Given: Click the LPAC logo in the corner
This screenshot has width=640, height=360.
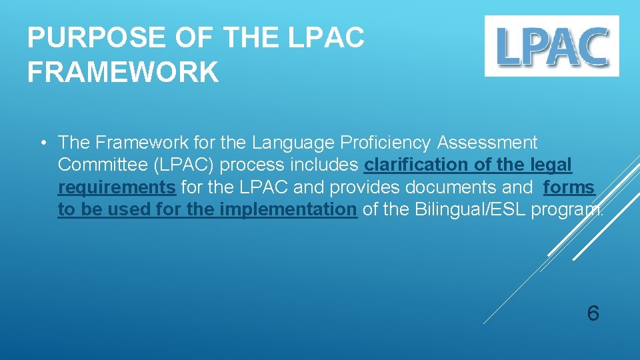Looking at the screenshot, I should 551,46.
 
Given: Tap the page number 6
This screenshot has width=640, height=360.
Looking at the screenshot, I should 593,313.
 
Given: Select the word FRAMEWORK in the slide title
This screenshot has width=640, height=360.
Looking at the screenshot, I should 123,72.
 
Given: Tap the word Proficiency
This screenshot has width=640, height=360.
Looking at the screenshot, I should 386,143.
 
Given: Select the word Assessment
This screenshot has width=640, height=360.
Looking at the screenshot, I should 487,143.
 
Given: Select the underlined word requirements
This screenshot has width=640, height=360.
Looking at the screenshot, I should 117,187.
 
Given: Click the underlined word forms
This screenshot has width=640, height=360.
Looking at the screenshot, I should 569,187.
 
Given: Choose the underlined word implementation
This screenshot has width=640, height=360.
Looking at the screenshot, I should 288,209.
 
